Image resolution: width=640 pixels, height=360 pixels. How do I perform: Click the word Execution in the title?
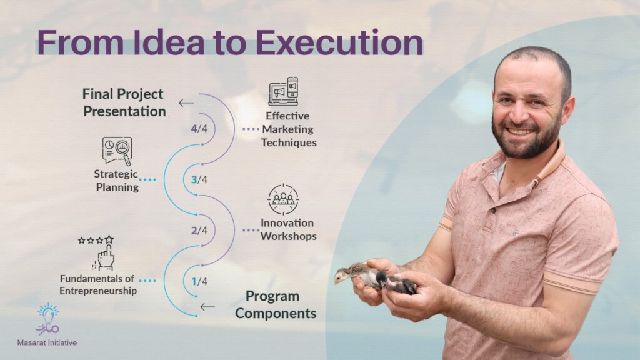339,43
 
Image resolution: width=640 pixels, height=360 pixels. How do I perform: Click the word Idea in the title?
169,42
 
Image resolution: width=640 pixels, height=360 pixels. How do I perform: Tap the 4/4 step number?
199,129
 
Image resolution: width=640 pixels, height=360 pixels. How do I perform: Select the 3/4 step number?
199,179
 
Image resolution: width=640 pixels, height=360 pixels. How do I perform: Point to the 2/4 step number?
199,230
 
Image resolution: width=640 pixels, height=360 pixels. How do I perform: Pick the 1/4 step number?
199,281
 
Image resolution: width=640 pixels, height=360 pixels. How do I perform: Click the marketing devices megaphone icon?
284,91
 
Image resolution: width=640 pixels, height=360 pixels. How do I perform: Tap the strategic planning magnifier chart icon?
117,151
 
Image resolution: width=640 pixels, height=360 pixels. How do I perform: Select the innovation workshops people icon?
283,199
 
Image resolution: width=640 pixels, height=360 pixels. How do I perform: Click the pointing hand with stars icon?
98,253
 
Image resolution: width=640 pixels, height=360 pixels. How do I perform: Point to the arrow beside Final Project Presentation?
186,103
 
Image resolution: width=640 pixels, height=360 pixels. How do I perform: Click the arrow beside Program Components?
207,306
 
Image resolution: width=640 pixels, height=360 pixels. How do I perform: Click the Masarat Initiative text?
47,343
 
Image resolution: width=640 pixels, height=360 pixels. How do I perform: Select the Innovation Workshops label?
288,229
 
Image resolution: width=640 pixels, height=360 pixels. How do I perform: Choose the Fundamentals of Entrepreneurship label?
98,285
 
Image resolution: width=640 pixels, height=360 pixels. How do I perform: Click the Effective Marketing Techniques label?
289,129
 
